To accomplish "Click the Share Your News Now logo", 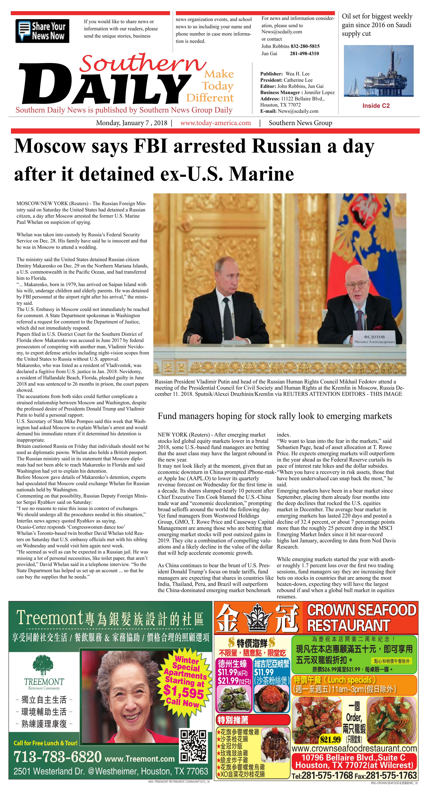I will coord(42,31).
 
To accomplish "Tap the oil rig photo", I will coord(379,71).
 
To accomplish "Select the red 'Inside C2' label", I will coord(376,106).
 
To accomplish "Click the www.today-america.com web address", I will coord(215,123).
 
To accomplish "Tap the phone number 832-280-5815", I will coord(305,46).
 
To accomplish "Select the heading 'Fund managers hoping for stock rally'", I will coord(275,416).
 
